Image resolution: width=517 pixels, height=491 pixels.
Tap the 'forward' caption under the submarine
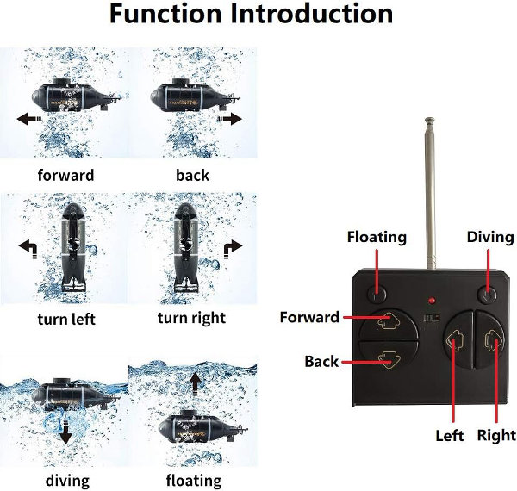65,175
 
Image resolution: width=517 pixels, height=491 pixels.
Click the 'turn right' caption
191,318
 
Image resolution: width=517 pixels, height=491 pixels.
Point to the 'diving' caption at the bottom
65,479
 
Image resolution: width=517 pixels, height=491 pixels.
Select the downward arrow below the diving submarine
65,435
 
